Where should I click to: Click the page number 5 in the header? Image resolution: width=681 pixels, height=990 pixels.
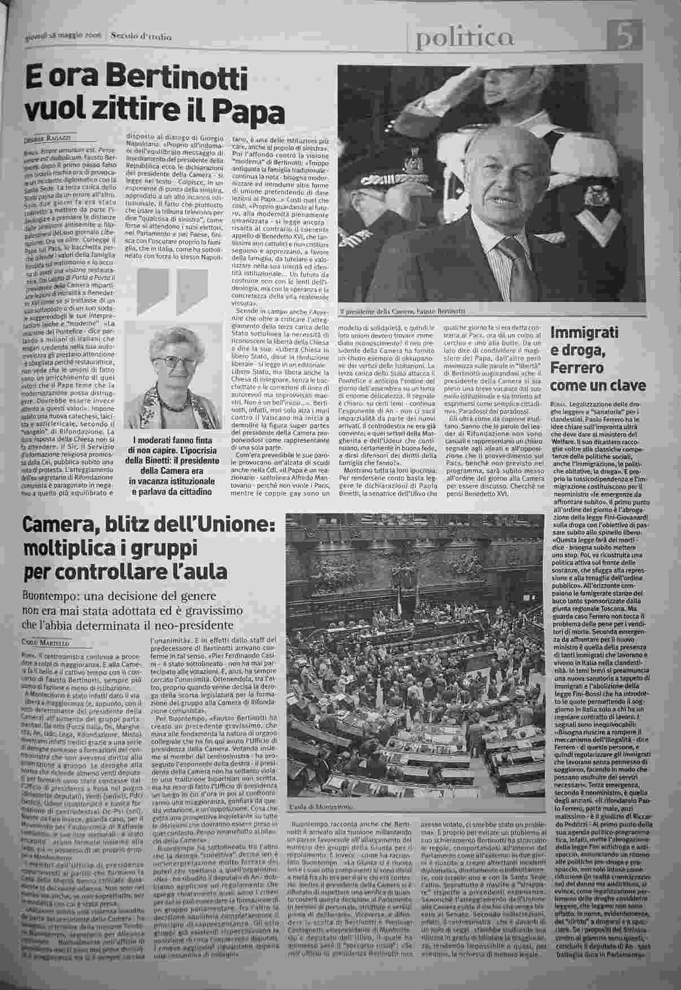[625, 38]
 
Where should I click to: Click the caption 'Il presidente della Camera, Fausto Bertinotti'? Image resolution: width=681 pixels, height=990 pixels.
[403, 312]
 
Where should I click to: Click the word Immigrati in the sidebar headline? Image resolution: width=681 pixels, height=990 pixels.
[584, 333]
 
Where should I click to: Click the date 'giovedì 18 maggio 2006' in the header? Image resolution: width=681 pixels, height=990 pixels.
[63, 38]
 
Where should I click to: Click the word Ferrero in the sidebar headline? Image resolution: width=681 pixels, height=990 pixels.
[579, 368]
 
